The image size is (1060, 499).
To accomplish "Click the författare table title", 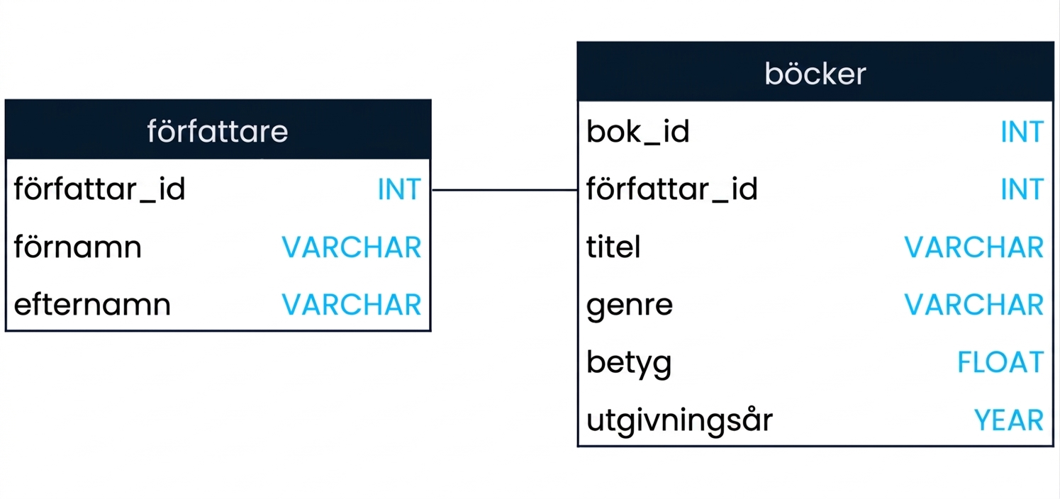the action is (217, 131).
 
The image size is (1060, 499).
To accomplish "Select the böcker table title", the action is (815, 74).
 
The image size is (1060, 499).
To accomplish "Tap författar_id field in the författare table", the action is (99, 189).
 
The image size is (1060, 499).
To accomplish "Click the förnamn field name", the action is (77, 247).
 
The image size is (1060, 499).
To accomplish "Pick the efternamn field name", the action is (92, 304).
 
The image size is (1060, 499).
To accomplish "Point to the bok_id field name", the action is (637, 132).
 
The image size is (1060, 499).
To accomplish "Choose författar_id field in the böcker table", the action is (672, 189).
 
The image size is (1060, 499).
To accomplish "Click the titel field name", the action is (613, 247).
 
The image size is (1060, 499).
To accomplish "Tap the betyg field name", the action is (629, 363).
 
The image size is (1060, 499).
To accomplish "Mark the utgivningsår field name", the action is (679, 420).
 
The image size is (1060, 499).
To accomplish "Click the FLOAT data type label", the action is (1000, 362).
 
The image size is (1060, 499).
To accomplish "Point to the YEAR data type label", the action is (1008, 420).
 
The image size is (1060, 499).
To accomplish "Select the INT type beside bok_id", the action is (1022, 132).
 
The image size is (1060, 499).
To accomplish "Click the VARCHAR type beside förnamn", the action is (351, 247).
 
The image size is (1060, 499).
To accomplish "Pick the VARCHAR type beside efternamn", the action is (351, 304).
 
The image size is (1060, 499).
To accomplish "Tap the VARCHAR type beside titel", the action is (974, 247).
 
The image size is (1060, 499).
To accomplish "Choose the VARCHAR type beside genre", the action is (974, 304).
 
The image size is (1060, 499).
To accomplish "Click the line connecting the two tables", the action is (504, 190).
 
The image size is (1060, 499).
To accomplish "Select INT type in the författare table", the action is (399, 189).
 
